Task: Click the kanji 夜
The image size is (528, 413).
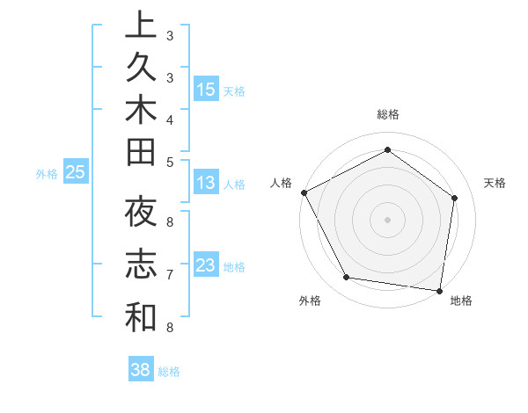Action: pos(141,214)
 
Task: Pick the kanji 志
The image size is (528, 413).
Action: pos(141,265)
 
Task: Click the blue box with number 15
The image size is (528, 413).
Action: pos(206,90)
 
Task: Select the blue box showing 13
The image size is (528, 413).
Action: pos(206,184)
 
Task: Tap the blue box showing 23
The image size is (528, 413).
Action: pos(206,266)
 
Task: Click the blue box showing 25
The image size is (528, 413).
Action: pos(75,173)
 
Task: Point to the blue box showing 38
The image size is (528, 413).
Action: pos(141,371)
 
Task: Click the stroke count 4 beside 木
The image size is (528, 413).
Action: pos(170,120)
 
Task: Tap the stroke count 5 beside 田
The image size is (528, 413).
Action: pos(170,162)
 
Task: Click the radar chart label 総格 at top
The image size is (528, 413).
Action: pos(387,114)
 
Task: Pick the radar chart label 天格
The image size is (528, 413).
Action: pos(495,183)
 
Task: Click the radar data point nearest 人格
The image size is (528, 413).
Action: pos(304,192)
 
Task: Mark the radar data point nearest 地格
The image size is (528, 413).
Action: pos(439,290)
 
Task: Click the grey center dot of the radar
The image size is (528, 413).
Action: pos(387,219)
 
